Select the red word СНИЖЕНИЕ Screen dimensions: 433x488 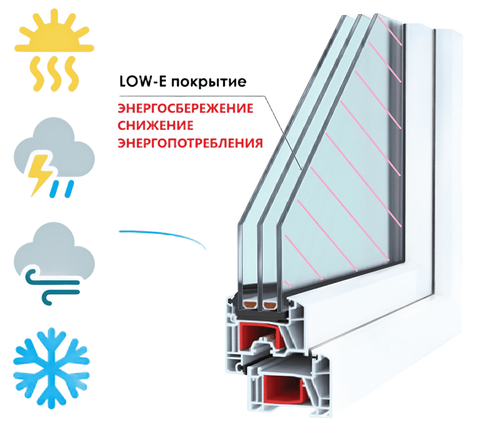coord(155,126)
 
